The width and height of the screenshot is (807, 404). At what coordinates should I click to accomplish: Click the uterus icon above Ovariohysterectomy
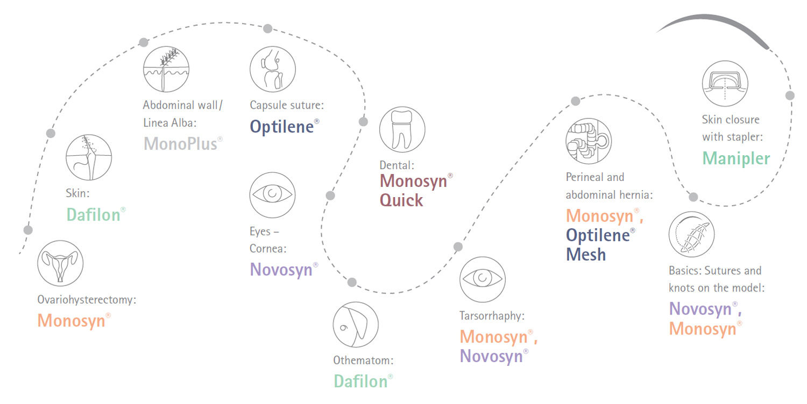coord(60,263)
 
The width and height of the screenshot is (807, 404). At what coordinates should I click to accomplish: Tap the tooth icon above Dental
coord(402,129)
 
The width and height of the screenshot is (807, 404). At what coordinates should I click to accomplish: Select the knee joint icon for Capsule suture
coord(273,69)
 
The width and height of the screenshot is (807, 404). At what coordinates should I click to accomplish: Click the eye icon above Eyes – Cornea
coord(272,195)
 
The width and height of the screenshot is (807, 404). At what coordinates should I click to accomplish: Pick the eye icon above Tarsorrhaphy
coord(483,279)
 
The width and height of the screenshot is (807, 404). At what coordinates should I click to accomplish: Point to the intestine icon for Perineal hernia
coord(589,141)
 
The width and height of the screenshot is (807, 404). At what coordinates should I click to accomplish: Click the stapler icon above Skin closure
coord(725,83)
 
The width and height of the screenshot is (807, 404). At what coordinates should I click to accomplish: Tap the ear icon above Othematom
coord(356,325)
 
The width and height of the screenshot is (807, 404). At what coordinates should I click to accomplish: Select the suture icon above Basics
coord(691,234)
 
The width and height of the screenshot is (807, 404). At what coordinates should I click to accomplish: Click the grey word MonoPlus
coord(180,144)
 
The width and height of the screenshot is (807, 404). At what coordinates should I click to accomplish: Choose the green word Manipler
coord(736,158)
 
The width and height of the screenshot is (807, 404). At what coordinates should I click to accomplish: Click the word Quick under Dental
coord(401,200)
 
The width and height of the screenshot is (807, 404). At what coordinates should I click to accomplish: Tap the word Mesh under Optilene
coord(586,254)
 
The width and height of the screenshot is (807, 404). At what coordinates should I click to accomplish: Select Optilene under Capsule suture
coord(282,127)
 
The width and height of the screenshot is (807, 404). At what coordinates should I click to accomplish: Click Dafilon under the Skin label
coord(93,214)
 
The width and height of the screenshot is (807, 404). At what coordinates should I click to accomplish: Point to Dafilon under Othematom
coord(360,381)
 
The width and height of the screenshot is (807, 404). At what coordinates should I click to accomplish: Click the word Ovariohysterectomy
coord(87,299)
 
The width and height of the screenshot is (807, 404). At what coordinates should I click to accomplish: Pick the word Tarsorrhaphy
coord(492,316)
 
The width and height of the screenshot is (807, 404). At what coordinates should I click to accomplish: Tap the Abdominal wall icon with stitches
coord(166,69)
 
